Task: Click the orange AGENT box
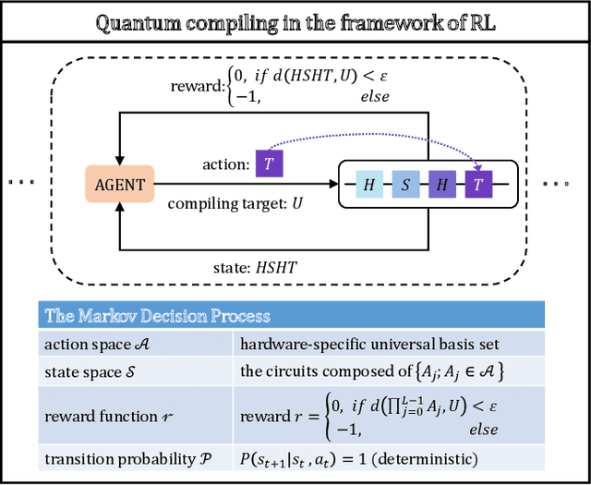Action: point(120,184)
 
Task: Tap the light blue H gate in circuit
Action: point(369,185)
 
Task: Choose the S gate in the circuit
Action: point(405,185)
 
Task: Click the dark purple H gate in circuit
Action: point(441,185)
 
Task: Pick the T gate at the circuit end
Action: point(477,185)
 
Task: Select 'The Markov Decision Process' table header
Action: point(158,316)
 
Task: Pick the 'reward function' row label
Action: point(96,416)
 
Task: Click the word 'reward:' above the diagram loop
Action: point(197,86)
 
